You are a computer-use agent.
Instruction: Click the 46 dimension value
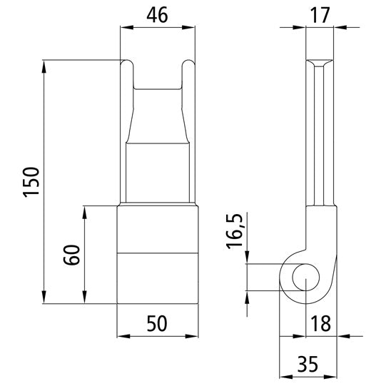pos(157,14)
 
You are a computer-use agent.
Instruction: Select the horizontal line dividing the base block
pos(157,254)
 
